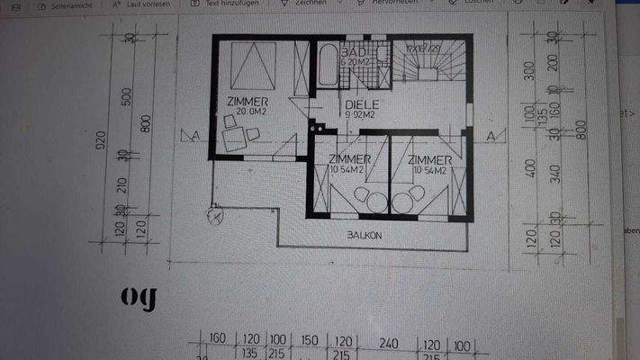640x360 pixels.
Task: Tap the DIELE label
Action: point(362,104)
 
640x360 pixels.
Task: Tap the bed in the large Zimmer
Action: point(255,66)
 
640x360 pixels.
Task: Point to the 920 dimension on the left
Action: point(102,139)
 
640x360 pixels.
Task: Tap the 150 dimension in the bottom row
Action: point(310,341)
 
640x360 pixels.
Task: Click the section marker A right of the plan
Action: point(491,136)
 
